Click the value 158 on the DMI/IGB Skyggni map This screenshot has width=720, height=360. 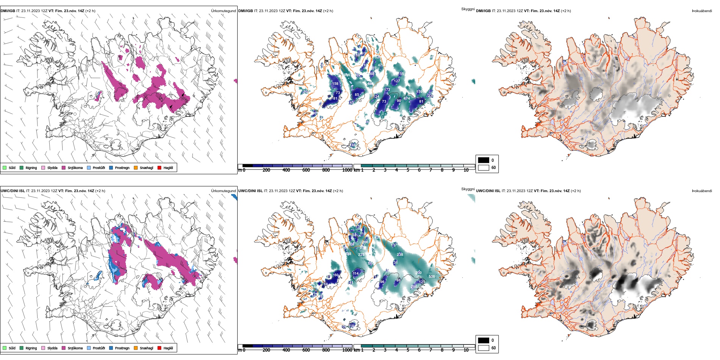tap(335, 84)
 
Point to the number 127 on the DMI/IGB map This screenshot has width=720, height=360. tap(397, 81)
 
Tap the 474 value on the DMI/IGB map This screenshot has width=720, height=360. tap(407, 99)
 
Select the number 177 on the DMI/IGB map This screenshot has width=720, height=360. tap(387, 90)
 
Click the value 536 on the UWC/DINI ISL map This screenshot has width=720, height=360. tap(432, 277)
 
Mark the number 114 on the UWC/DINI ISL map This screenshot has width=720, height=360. tap(355, 273)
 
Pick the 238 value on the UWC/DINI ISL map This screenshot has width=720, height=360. tap(400, 255)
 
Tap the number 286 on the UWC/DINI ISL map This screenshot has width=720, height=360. tap(414, 287)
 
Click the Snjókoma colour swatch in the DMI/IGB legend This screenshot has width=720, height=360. tap(64, 167)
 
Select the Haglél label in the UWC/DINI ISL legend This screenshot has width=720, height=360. tap(168, 348)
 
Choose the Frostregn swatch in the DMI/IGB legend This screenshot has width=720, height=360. tap(111, 167)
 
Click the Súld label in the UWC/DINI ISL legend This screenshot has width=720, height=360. tap(12, 348)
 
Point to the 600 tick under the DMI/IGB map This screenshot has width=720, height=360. tap(306, 170)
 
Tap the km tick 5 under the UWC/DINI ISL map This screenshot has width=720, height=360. tap(408, 350)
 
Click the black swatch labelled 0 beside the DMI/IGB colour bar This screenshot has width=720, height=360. tap(484, 160)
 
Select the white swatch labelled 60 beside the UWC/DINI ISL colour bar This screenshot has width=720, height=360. tap(484, 348)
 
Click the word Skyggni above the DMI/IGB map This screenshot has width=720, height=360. tap(468, 9)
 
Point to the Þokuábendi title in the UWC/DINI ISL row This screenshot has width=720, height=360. tap(702, 191)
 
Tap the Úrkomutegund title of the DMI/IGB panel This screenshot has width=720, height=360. tap(223, 11)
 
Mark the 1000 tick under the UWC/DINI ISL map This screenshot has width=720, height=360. tap(347, 350)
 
